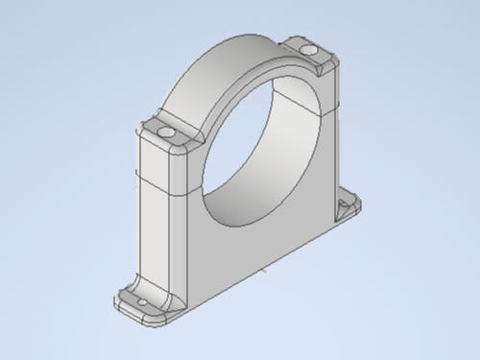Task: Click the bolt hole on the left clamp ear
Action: tap(166, 131)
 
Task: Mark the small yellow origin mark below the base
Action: tap(262, 272)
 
